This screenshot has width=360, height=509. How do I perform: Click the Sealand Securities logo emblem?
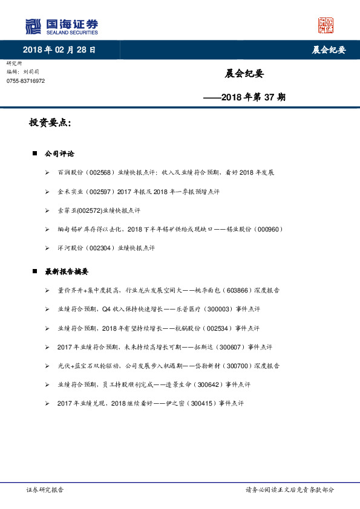pos(34,26)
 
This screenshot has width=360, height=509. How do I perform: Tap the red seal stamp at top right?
pos(326,25)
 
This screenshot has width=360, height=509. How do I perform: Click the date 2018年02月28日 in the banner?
pos(59,50)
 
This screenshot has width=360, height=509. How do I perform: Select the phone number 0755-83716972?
pos(25,81)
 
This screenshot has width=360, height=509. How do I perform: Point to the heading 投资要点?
pos(50,123)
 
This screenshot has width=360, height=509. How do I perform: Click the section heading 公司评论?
pos(59,154)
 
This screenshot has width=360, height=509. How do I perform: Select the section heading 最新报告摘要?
pos(67,271)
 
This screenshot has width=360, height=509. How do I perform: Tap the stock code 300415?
pos(202,403)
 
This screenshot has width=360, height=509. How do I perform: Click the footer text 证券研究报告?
pos(45,490)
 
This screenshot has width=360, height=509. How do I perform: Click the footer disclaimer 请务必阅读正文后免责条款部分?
pos(289,490)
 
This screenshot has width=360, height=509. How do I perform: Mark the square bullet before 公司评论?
pos(34,154)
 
